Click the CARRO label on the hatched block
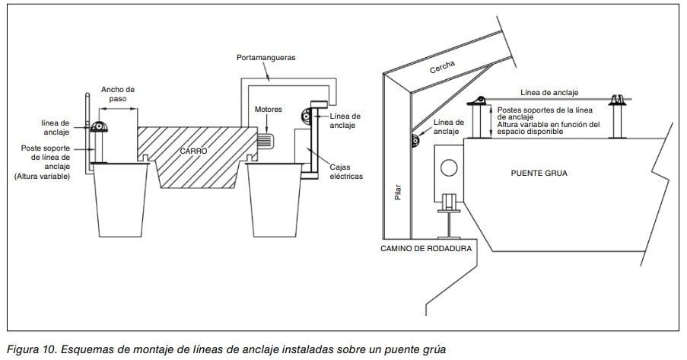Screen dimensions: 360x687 click(193, 151)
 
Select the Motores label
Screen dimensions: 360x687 click(268, 110)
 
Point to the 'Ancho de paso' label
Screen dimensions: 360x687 click(117, 94)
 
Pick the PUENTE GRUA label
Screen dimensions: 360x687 click(539, 173)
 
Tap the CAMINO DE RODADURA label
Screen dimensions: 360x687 click(427, 248)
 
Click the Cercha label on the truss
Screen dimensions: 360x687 click(442, 68)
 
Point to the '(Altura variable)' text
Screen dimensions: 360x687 click(42, 176)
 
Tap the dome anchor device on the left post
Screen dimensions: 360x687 click(99, 128)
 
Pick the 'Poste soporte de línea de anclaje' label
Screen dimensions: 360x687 click(46, 157)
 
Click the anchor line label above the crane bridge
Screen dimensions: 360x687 click(549, 92)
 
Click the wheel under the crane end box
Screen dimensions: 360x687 click(448, 204)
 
